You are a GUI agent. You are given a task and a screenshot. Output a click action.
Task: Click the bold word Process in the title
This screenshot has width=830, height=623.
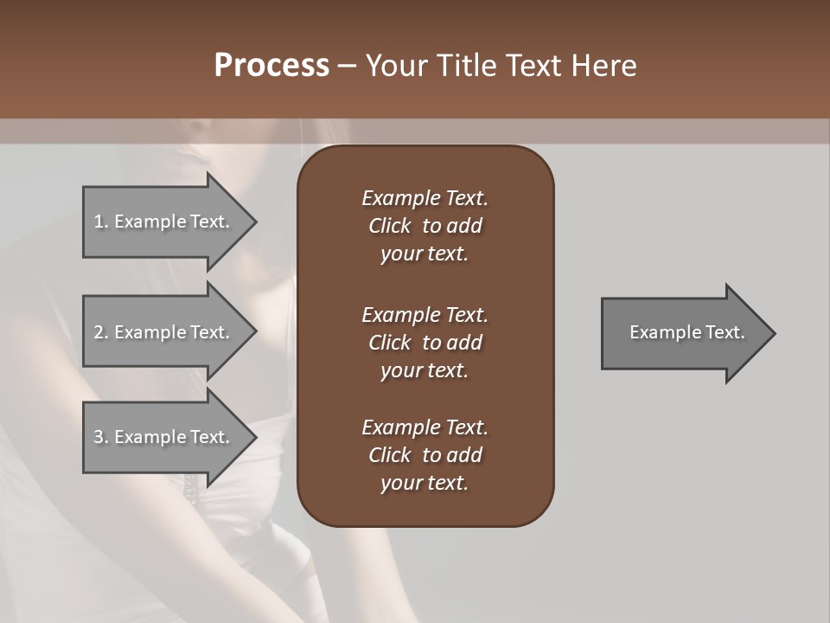click(271, 66)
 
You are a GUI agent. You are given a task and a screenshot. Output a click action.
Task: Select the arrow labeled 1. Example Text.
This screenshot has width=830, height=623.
click(162, 222)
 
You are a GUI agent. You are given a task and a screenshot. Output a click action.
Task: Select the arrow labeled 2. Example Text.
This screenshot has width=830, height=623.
click(162, 332)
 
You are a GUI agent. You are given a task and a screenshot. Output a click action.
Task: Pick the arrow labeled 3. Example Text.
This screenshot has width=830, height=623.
click(162, 437)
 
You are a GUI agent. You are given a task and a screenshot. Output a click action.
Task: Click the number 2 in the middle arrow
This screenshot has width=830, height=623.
click(99, 332)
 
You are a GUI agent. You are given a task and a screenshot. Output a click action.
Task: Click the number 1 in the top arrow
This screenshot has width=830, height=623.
click(99, 222)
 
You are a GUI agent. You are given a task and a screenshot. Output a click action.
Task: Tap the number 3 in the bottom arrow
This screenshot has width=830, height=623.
click(99, 437)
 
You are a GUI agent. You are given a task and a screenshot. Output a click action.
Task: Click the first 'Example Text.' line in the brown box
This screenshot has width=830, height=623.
click(425, 198)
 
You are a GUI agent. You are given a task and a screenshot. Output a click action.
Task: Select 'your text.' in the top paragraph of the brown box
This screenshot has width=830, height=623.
click(425, 254)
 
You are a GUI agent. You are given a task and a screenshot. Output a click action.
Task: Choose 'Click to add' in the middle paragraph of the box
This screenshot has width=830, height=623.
click(425, 343)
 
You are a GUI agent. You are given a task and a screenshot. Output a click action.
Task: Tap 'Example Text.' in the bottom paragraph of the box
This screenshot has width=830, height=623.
click(425, 427)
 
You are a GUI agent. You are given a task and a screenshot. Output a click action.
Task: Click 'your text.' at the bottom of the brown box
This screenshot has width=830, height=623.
click(425, 484)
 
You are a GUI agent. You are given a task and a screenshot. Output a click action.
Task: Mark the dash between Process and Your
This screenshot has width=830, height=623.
click(347, 67)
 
